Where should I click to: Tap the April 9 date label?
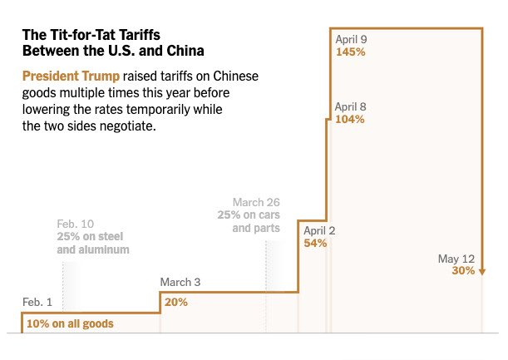(351, 38)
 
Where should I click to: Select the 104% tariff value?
(349, 119)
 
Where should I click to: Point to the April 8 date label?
(351, 106)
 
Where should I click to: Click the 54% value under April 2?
(315, 244)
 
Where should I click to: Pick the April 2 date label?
(319, 230)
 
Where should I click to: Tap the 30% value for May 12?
(463, 271)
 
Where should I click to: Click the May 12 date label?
(456, 259)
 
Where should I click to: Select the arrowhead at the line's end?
(482, 271)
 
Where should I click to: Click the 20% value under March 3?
(175, 302)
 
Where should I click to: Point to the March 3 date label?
(180, 283)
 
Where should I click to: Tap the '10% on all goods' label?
(70, 323)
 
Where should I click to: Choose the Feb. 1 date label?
(37, 302)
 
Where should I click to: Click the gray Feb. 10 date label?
(76, 224)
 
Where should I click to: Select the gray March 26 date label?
(256, 202)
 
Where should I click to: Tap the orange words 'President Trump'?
(66, 76)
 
